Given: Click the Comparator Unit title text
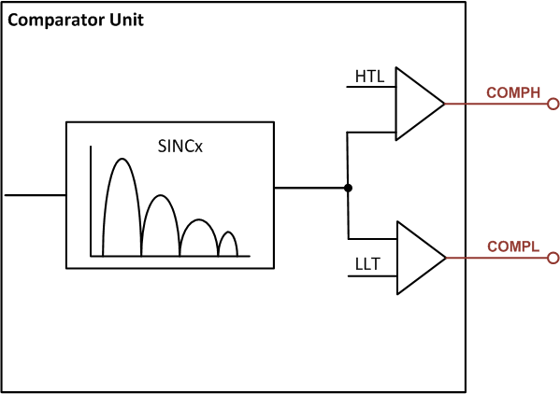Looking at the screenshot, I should click(x=76, y=20).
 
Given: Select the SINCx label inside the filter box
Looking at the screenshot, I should click(x=181, y=147).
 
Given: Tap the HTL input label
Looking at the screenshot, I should click(x=368, y=75).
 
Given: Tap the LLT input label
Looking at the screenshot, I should click(x=367, y=265).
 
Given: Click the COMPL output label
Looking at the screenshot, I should click(x=513, y=246).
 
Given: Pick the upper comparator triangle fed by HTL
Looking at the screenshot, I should click(x=416, y=104).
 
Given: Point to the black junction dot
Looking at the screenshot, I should click(x=348, y=189).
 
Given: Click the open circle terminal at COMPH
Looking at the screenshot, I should click(x=553, y=104).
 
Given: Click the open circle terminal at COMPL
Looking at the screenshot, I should click(x=553, y=258).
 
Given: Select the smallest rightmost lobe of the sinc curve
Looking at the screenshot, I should click(x=227, y=242).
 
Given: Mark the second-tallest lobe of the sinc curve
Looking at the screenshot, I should click(x=160, y=219).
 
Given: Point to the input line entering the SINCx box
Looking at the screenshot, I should click(x=35, y=195).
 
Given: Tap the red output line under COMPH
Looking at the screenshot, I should click(x=495, y=104).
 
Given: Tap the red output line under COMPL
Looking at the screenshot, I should click(x=495, y=258).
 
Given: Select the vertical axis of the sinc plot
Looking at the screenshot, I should click(x=91, y=201).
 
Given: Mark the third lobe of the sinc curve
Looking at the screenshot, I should click(x=198, y=233).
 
